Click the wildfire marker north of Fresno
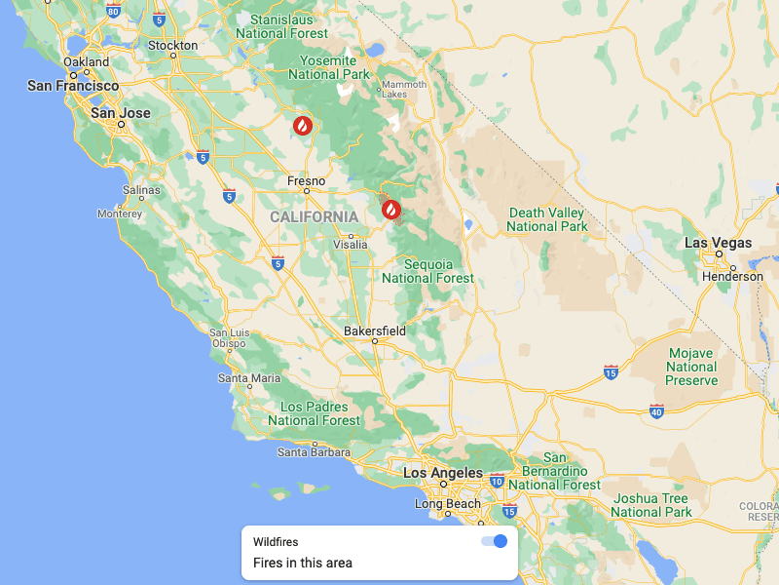click(x=303, y=126)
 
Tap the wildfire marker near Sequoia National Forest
click(x=390, y=209)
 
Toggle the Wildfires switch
click(x=495, y=541)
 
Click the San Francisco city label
click(x=73, y=86)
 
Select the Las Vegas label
click(x=718, y=243)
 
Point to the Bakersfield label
click(x=375, y=331)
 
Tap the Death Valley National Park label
click(x=547, y=219)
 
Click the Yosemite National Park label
click(x=329, y=67)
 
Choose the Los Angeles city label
click(x=443, y=473)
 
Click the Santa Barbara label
click(x=314, y=451)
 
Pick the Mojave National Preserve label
click(x=691, y=367)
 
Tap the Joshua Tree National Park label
click(x=651, y=505)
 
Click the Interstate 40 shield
click(x=656, y=411)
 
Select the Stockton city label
click(x=172, y=46)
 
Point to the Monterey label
click(x=120, y=214)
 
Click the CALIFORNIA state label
click(x=314, y=216)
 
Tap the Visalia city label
click(x=351, y=245)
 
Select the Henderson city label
click(x=732, y=276)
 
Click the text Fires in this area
click(x=303, y=563)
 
